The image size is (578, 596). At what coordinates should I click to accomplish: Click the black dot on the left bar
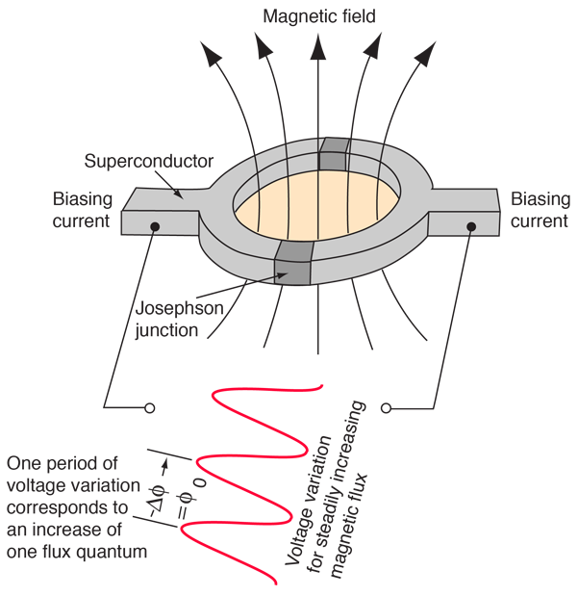(x=154, y=226)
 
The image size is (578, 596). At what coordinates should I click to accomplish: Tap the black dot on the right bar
(x=471, y=227)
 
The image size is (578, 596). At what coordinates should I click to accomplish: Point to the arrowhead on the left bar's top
(x=179, y=195)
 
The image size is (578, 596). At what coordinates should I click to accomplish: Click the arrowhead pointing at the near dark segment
(x=282, y=275)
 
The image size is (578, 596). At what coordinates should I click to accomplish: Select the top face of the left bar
(x=159, y=199)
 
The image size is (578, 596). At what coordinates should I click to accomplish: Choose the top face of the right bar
(x=462, y=199)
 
